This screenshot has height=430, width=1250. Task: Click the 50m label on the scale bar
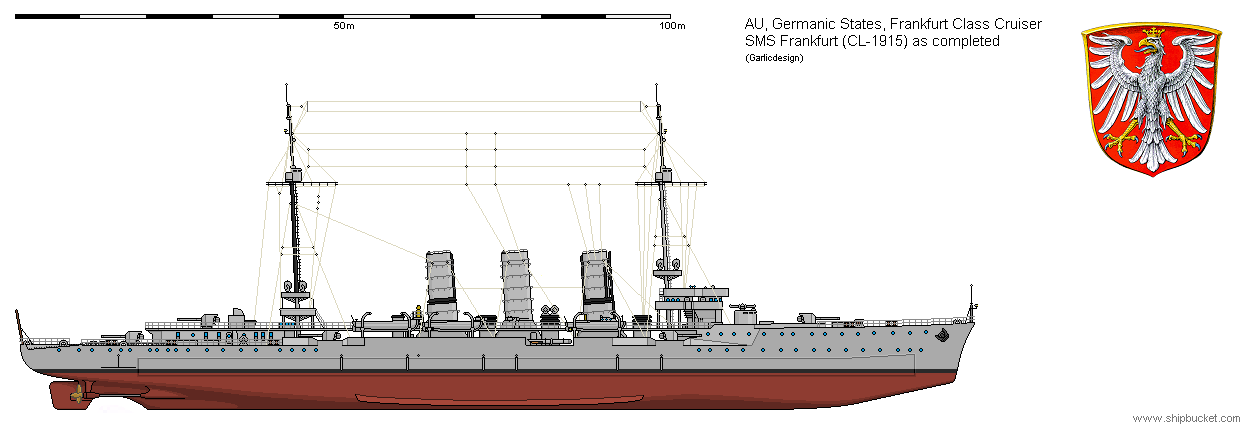click(343, 26)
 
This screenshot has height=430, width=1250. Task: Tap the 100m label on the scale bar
click(672, 26)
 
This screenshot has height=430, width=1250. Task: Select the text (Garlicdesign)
click(774, 57)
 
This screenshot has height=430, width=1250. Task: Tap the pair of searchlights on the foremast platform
click(669, 267)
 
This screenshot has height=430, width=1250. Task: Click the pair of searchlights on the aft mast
click(294, 287)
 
